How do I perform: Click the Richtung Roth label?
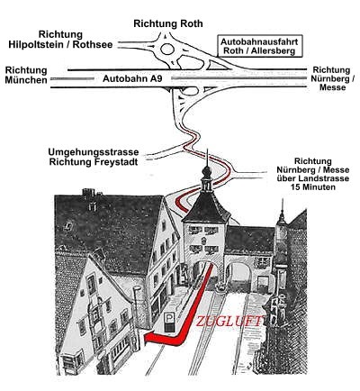click(x=168, y=23)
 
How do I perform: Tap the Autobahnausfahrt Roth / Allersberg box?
click(x=259, y=46)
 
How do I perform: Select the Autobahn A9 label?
click(x=132, y=78)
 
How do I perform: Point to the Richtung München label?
click(x=26, y=76)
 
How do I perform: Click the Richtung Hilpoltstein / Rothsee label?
click(x=60, y=40)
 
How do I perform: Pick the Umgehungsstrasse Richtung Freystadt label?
click(x=94, y=157)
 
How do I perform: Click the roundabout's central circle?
click(x=167, y=50)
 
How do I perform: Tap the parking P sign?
click(x=169, y=322)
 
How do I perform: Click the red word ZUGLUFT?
click(x=230, y=322)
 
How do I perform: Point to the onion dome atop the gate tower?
click(x=206, y=172)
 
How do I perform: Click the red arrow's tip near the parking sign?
click(x=145, y=339)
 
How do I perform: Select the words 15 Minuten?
click(x=313, y=187)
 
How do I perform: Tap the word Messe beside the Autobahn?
click(x=332, y=87)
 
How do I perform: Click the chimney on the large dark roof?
click(x=88, y=192)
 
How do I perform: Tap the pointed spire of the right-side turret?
click(x=282, y=207)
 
